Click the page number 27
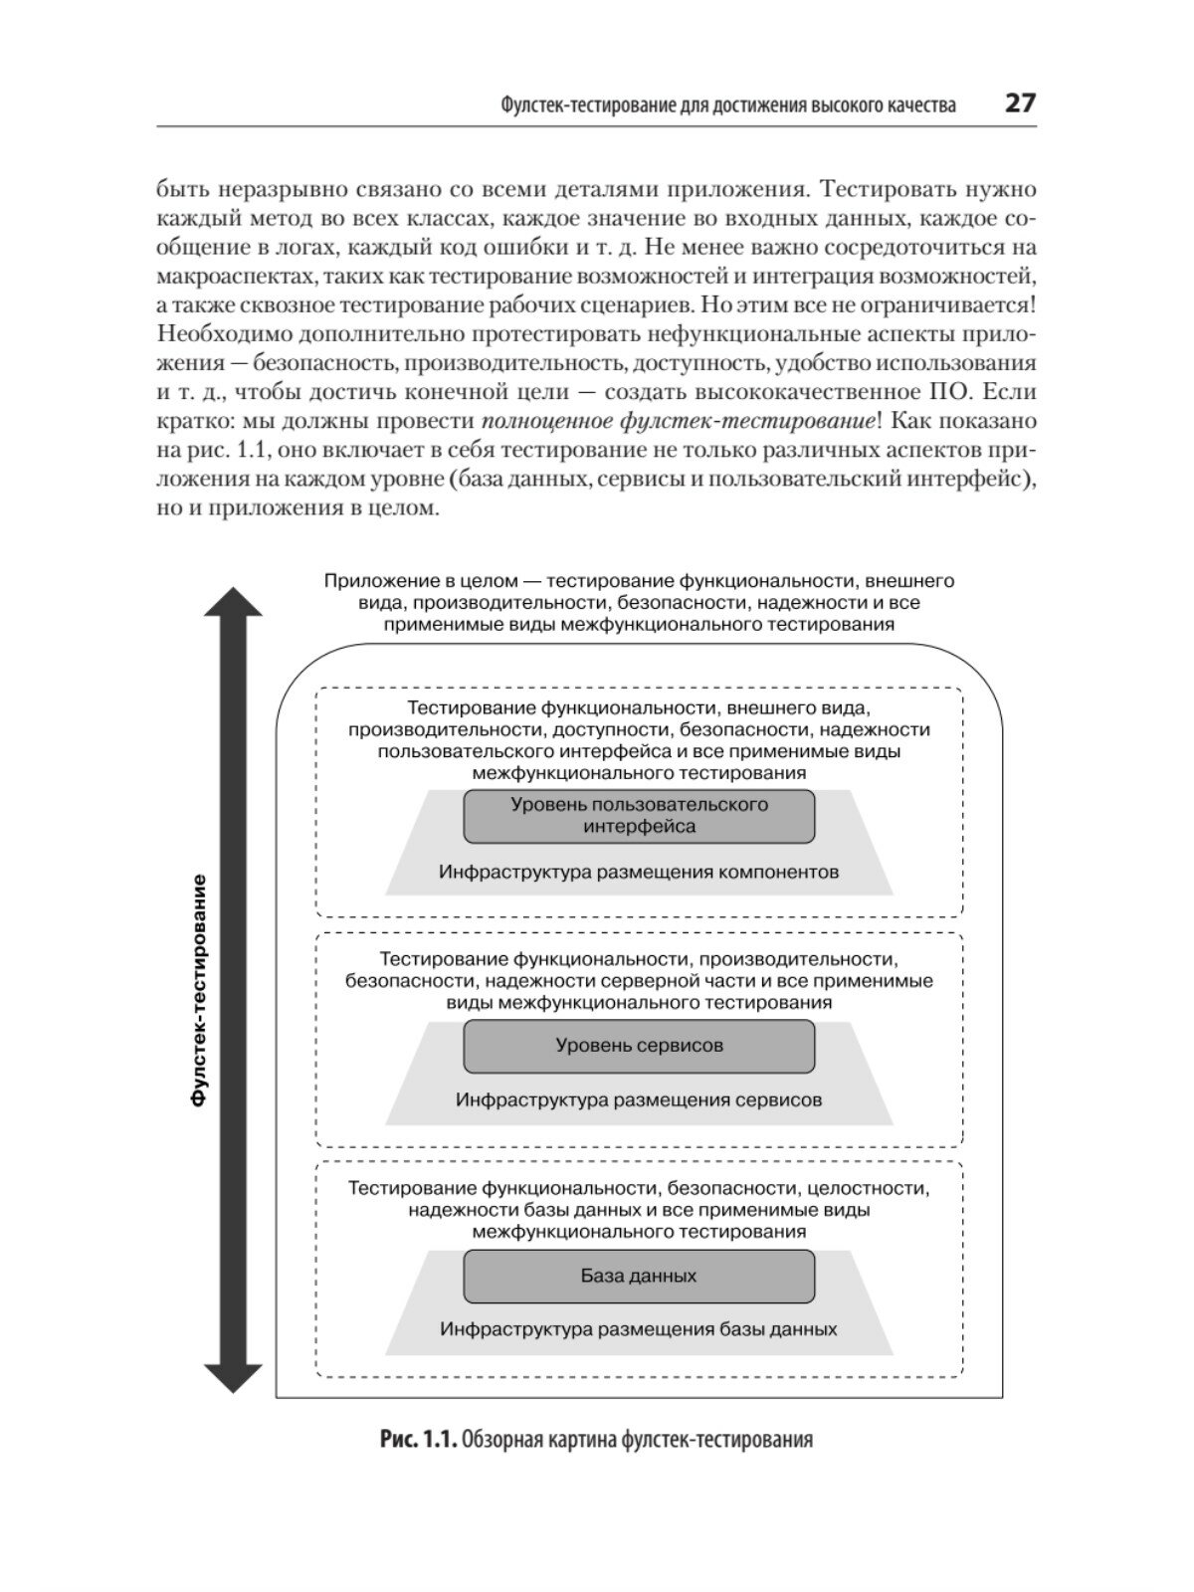1020,102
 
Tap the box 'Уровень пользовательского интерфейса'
639,816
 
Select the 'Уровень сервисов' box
639,1046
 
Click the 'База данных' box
639,1276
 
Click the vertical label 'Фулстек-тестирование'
199,991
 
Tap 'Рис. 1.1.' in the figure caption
418,1440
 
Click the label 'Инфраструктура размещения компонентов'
639,873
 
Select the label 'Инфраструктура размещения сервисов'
639,1100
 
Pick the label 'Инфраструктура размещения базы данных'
639,1329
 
